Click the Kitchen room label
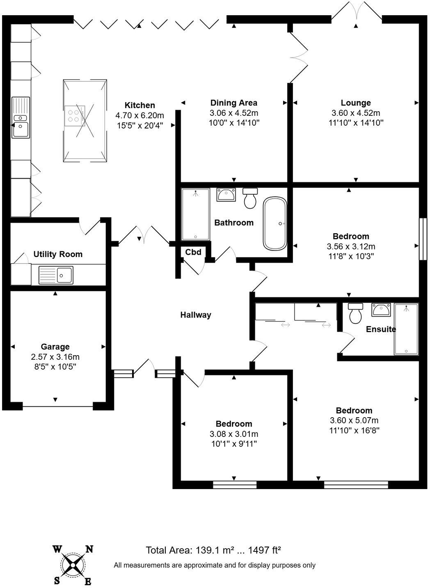140,105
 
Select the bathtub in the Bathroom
274,224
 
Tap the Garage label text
55,347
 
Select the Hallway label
196,315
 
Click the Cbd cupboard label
193,252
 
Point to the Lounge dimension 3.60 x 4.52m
356,113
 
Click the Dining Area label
233,103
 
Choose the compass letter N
89,549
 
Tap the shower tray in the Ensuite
406,329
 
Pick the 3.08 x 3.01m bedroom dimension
234,434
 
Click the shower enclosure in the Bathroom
195,214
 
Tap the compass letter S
57,580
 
